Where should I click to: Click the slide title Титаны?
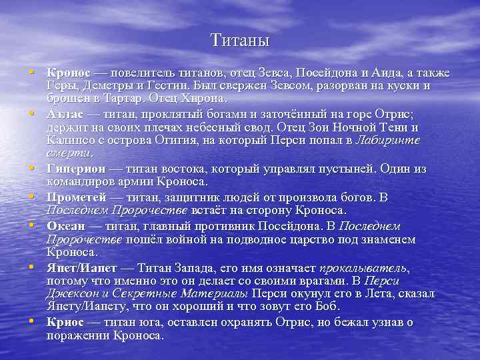240,41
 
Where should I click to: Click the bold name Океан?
65,225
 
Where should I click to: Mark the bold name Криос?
65,322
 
